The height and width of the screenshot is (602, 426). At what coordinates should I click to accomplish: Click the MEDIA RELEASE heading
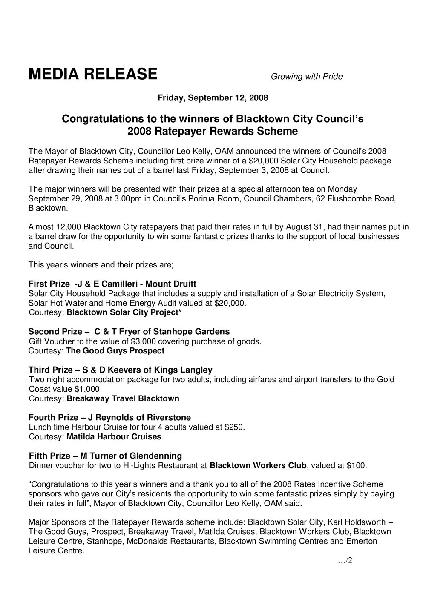coord(93,74)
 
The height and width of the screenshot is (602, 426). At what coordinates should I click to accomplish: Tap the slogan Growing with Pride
coord(307,77)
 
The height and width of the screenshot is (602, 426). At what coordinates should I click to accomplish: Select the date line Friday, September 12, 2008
coord(213,98)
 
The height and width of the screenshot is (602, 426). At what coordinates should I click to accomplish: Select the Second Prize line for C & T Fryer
coord(129,332)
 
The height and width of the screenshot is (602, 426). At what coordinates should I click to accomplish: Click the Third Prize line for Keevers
coord(120,370)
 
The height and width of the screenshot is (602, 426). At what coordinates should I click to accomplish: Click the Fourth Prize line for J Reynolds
coord(109,417)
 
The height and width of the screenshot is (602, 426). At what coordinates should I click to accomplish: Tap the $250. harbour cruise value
coord(234,427)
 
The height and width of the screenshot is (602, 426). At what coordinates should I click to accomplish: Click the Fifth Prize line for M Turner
coord(105,456)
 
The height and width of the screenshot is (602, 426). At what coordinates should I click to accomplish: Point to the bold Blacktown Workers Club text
coord(259,465)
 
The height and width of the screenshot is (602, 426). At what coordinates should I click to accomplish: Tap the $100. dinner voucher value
coord(356,465)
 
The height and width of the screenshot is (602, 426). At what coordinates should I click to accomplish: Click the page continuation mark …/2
coord(345,561)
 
